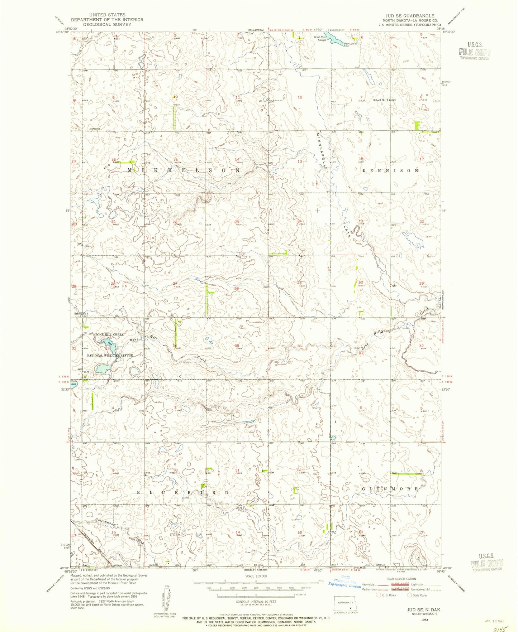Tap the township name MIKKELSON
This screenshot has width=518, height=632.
[184, 170]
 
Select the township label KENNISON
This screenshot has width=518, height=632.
[390, 170]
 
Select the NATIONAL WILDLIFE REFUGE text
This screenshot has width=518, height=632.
[110, 355]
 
